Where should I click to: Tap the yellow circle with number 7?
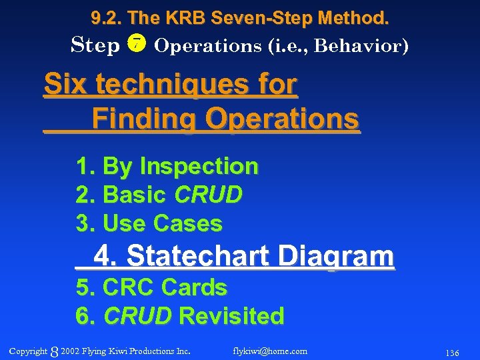click(x=137, y=45)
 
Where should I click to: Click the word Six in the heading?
click(x=66, y=85)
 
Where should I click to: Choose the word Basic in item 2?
click(x=135, y=195)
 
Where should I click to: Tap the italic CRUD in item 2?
click(x=208, y=195)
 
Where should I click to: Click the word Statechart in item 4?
click(x=198, y=255)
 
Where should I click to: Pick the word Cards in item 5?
click(x=194, y=287)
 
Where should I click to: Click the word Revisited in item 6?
click(x=232, y=315)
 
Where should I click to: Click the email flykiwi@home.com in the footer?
click(x=270, y=351)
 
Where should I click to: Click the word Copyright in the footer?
click(x=29, y=351)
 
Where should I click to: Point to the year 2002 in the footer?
click(x=70, y=351)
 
